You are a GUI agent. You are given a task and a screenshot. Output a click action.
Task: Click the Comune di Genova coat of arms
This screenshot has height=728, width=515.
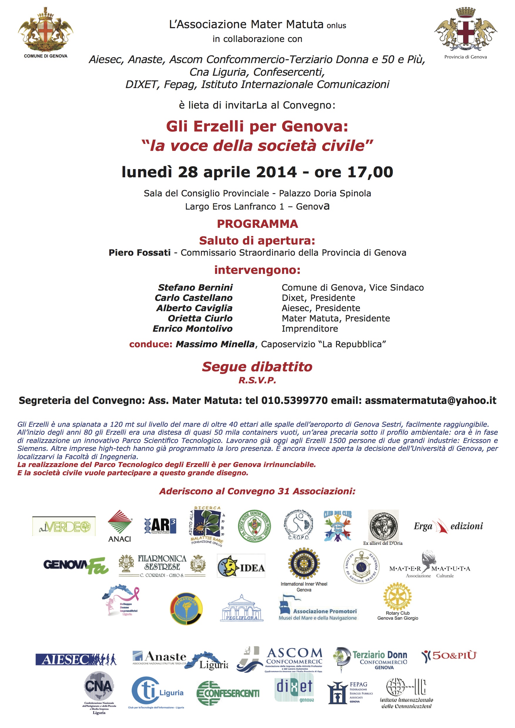click(45, 30)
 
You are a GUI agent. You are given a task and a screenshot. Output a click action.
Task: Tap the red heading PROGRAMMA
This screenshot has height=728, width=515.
click(257, 224)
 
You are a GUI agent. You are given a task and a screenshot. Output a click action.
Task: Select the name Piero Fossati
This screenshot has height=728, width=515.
click(140, 253)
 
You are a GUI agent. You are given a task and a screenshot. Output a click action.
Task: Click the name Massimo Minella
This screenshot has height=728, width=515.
click(215, 344)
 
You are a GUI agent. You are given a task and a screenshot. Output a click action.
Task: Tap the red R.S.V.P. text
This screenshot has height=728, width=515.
click(257, 380)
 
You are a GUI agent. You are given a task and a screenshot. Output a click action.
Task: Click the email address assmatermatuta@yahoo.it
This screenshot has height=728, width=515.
click(431, 400)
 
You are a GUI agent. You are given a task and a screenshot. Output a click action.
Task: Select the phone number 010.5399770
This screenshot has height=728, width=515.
click(294, 400)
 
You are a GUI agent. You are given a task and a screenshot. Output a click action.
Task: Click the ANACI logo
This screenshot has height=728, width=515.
click(120, 526)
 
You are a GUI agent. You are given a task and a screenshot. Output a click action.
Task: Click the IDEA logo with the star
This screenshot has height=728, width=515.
click(241, 566)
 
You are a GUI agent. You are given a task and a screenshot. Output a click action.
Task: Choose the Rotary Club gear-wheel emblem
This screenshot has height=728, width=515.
click(397, 596)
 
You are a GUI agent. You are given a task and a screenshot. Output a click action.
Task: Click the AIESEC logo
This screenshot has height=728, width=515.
click(76, 660)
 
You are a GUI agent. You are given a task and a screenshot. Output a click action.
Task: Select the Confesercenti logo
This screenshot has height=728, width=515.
click(228, 693)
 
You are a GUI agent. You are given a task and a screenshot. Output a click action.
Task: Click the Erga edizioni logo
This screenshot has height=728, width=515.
click(448, 527)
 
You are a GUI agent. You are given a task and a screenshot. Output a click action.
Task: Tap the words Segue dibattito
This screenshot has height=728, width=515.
click(257, 367)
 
